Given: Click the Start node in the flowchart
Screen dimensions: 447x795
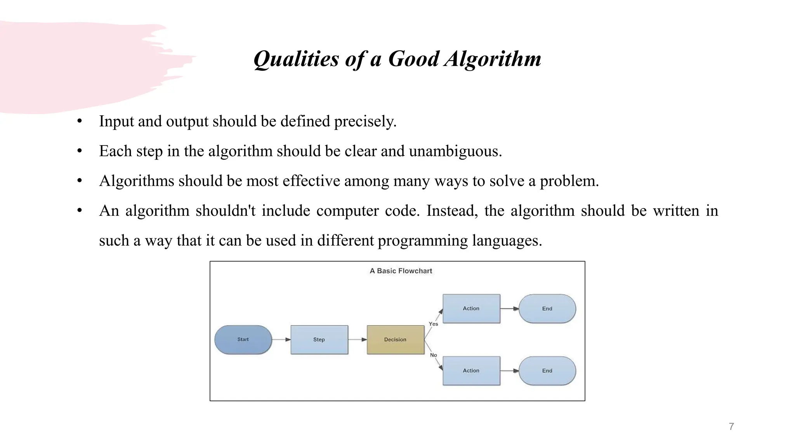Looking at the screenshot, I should pos(243,340).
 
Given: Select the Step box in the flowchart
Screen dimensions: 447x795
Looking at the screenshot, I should pos(319,340).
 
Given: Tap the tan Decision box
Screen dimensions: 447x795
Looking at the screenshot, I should pos(395,340).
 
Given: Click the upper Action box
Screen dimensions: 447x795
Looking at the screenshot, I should pos(471,308).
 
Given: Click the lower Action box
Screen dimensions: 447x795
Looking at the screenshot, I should pos(471,371).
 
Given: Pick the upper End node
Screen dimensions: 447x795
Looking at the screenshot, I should pos(547,308).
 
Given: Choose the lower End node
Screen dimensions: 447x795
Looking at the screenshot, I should pos(547,371).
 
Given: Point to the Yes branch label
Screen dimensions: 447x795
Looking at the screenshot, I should pos(433,324).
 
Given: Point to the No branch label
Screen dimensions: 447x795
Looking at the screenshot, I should pos(433,355).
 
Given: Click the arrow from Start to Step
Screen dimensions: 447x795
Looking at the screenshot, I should pos(281,340).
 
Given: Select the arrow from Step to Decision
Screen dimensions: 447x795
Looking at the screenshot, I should pos(357,340).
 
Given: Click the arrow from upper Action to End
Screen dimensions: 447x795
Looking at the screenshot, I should pos(509,308).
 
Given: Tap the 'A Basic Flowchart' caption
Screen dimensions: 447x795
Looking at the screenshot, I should pos(401,271).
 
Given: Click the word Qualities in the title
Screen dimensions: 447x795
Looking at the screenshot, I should pos(296,59).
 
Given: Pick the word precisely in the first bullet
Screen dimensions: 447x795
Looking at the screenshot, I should pos(365,121).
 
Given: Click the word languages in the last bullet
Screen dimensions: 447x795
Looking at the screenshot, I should pos(507,241).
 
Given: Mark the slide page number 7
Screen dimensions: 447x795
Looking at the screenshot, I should pos(731,426).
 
